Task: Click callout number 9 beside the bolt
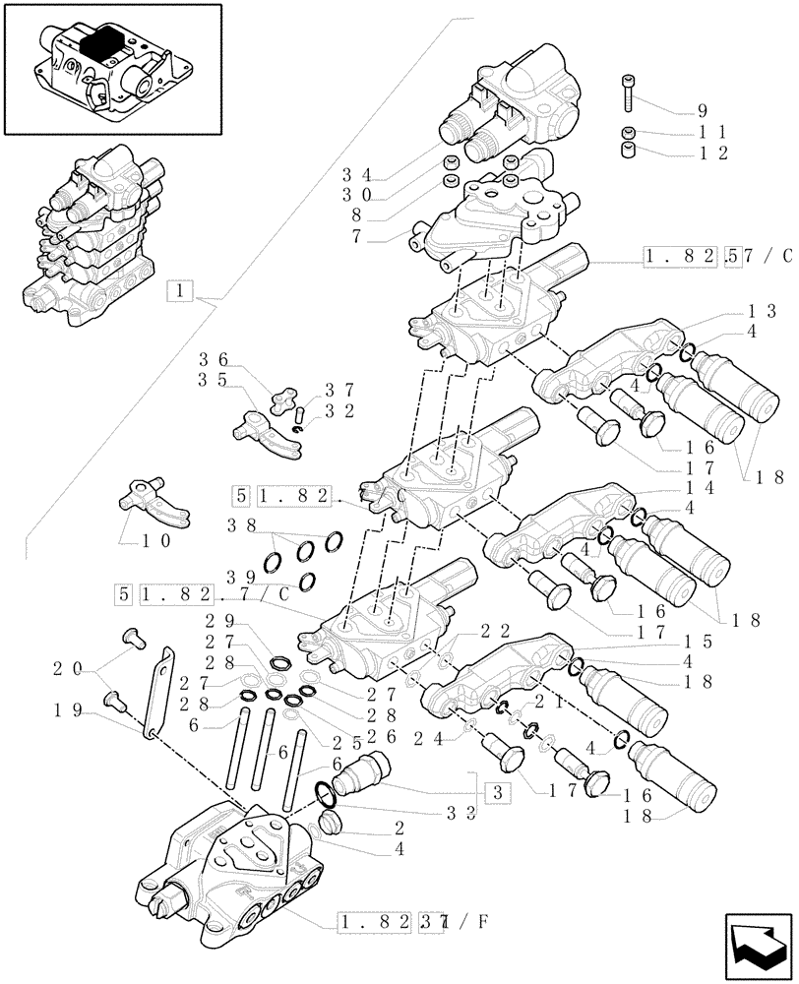click(730, 111)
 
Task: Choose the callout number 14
click(759, 487)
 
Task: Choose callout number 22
click(495, 631)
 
